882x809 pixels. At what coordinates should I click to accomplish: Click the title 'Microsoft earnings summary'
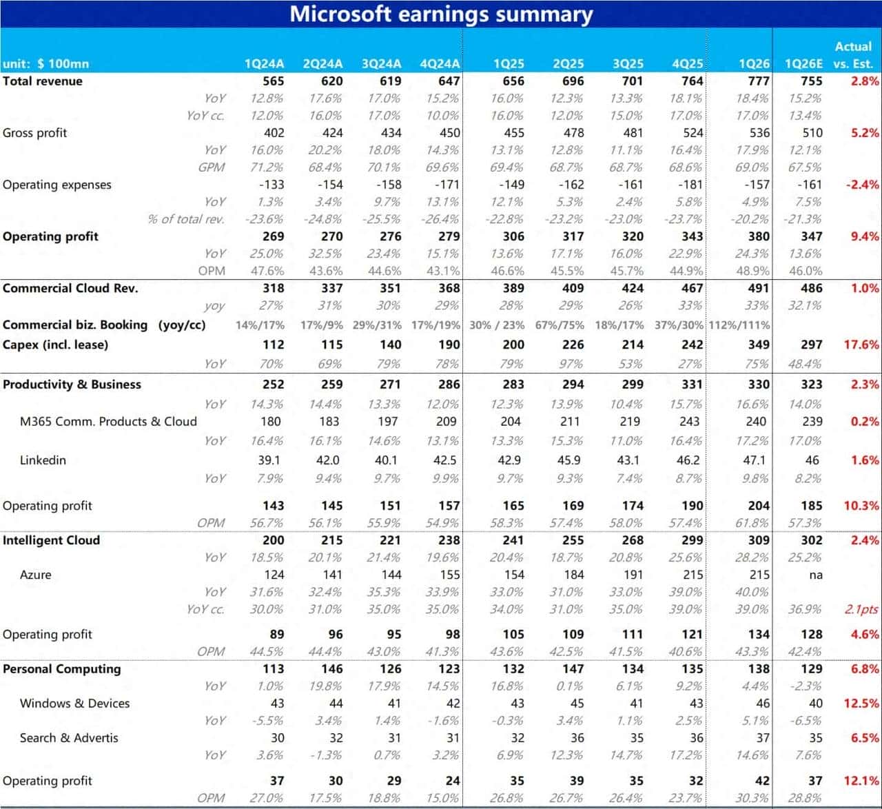pos(441,14)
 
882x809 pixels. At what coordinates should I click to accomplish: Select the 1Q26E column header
pos(803,63)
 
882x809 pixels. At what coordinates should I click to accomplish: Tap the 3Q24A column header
pos(381,63)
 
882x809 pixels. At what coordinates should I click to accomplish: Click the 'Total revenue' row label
pos(43,81)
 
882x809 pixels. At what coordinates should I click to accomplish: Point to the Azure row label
pos(35,575)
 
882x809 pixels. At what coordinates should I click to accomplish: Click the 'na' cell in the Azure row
pos(815,575)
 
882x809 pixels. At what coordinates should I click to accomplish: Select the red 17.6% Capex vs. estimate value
pos(861,345)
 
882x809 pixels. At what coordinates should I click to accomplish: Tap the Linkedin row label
pos(43,460)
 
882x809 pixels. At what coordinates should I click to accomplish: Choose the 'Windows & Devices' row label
pos(74,703)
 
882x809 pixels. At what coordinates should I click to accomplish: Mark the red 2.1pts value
pos(861,609)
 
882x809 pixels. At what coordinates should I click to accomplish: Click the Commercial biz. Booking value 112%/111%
pos(739,325)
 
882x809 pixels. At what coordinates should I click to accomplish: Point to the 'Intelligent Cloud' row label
pos(51,540)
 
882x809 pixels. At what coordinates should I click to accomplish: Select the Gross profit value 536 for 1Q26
pos(758,132)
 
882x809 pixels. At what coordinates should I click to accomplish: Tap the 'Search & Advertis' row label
pos(69,737)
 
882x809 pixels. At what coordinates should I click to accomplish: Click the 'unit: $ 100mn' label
pos(45,63)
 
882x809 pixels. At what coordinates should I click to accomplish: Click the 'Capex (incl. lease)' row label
pos(55,345)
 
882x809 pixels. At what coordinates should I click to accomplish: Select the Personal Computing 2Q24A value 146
pos(331,668)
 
